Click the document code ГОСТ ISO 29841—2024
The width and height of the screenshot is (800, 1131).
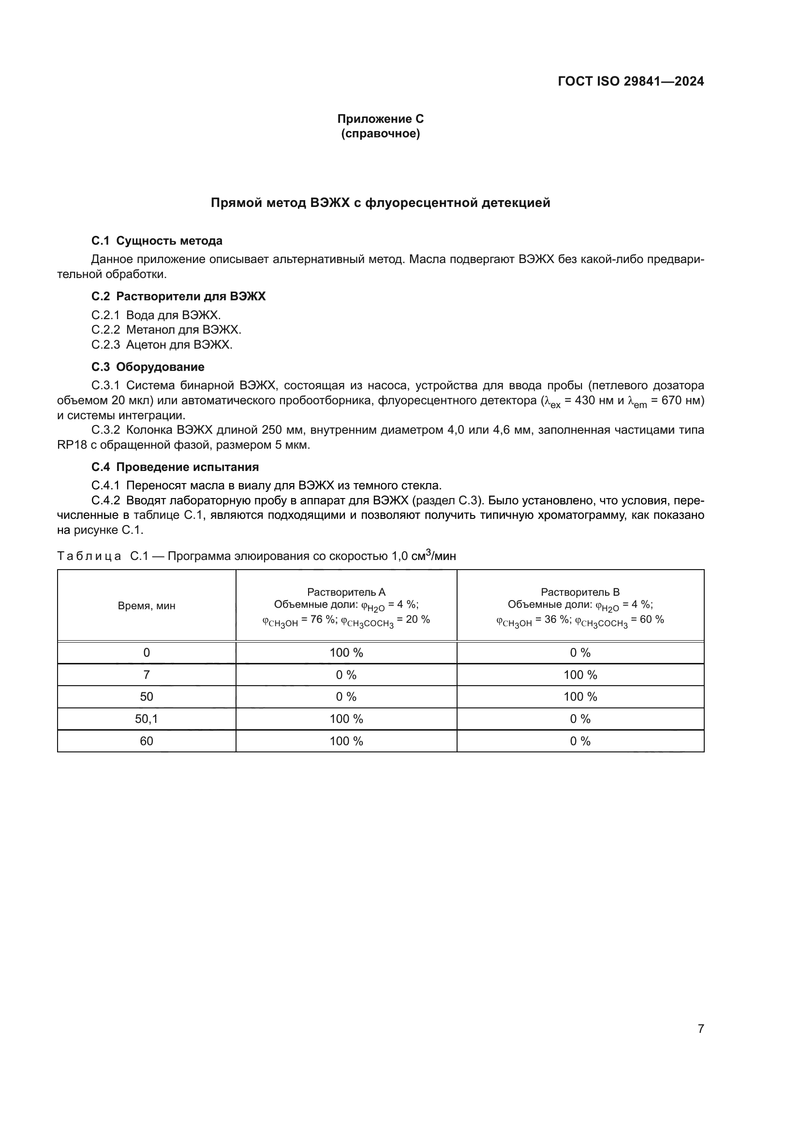[x=631, y=81]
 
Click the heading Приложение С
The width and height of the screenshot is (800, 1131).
[x=380, y=119]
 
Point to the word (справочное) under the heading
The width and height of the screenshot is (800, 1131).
[x=380, y=133]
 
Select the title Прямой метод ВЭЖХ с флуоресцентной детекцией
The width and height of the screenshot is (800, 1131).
[x=380, y=203]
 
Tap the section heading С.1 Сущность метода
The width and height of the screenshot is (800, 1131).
[x=157, y=241]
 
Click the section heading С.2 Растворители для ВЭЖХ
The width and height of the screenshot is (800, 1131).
[x=178, y=296]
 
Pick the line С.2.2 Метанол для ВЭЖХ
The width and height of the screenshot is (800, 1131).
[x=166, y=330]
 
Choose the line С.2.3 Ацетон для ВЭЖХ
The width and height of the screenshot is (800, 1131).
[x=162, y=344]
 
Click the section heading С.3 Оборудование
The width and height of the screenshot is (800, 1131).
[x=148, y=367]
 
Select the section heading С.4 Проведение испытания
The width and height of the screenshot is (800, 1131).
[x=175, y=467]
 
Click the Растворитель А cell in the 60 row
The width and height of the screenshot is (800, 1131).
[x=346, y=741]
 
